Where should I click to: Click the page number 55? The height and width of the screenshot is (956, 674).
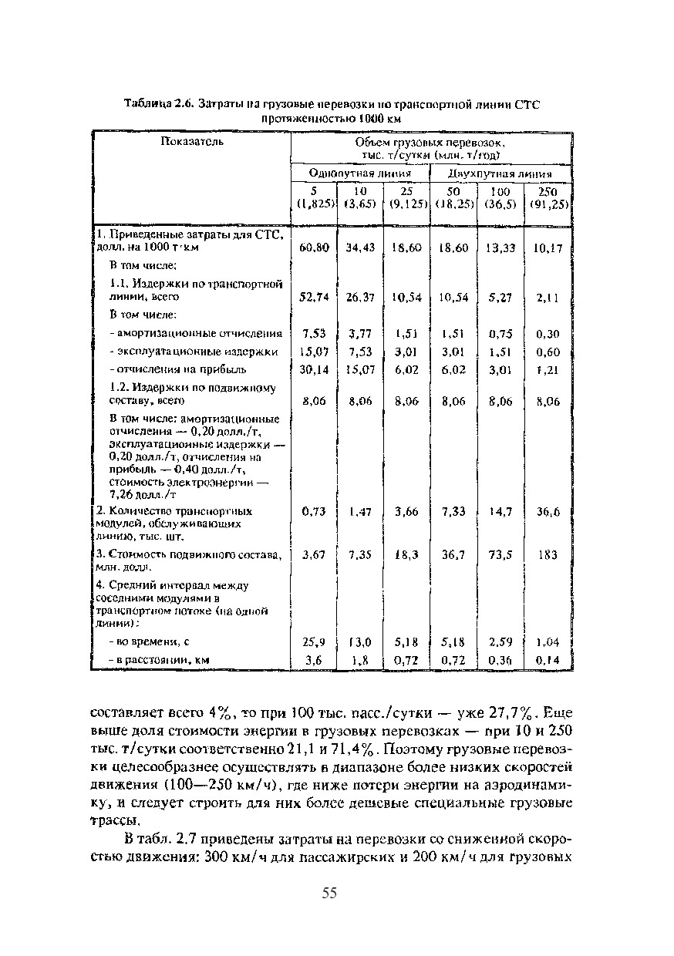(x=329, y=894)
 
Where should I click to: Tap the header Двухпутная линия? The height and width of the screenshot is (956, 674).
(x=500, y=174)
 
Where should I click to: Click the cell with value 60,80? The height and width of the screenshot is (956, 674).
(x=315, y=247)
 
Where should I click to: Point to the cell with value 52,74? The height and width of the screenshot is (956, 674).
(x=315, y=297)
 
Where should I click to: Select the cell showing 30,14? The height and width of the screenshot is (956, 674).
(x=315, y=369)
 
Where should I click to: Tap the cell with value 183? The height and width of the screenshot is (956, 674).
(x=548, y=554)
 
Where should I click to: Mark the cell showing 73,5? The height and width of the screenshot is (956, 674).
(x=501, y=554)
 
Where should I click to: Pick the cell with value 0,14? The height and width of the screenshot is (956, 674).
(x=548, y=660)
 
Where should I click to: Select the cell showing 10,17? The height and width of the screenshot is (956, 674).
(x=548, y=247)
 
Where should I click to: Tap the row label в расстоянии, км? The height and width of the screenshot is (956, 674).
(x=160, y=660)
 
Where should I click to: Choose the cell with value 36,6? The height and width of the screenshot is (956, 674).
(x=548, y=511)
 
